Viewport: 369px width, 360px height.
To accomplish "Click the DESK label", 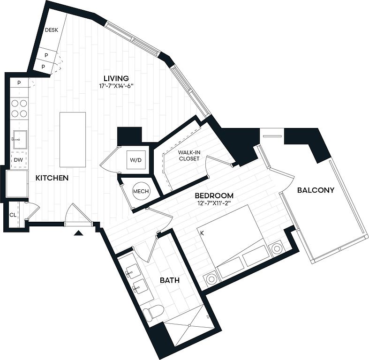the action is tap(52, 30).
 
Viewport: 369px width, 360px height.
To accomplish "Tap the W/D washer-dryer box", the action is tap(136, 160).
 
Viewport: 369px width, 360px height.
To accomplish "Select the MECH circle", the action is tap(141, 191).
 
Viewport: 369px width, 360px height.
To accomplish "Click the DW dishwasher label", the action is tap(18, 160).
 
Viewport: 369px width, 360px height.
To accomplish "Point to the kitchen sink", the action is tap(20, 140).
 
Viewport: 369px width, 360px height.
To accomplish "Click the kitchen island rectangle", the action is tap(73, 140).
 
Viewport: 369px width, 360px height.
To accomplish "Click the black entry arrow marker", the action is tap(78, 233).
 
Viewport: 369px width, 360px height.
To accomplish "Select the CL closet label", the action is tap(13, 215).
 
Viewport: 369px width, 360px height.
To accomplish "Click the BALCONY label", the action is tap(316, 190).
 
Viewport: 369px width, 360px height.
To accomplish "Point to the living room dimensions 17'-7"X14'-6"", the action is tap(116, 86).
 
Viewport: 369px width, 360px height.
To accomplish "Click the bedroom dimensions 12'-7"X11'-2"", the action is tap(214, 203).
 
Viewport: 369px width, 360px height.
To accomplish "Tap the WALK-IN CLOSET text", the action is tap(189, 155).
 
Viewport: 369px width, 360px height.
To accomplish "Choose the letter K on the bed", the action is tap(202, 233).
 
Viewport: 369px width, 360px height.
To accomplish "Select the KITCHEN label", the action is tap(52, 178).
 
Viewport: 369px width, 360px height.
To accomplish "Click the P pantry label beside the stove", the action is tap(19, 82).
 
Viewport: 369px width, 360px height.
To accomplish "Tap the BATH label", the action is tap(170, 280).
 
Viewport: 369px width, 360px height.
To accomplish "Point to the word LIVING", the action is tap(116, 78).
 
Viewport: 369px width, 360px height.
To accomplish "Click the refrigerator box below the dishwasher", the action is tap(17, 184).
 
